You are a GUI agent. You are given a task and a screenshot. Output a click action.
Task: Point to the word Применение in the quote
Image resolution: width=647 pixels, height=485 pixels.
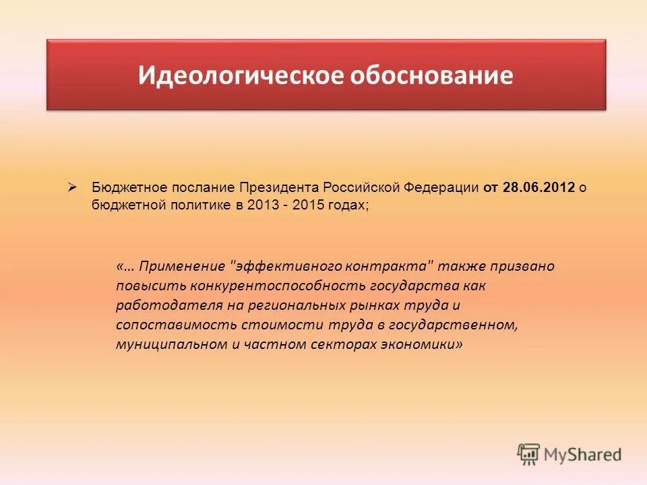click(176, 266)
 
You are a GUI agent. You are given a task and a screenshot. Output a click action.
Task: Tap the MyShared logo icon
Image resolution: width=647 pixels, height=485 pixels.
click(528, 454)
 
